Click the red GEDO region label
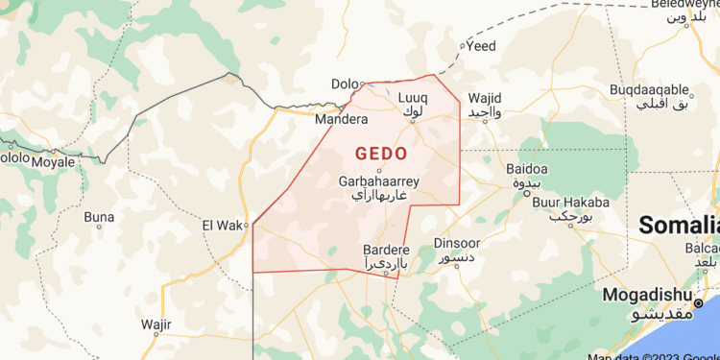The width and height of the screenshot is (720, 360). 381,154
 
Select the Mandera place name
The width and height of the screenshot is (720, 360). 342,120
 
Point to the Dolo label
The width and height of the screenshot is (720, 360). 344,84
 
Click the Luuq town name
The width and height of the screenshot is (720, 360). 412,98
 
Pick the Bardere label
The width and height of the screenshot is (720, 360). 385,249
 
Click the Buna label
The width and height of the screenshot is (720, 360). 99,217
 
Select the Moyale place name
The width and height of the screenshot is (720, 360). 52,163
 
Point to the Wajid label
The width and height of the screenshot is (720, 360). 485,99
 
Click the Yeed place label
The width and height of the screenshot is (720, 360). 481,46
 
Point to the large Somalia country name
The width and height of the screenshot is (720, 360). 679,227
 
